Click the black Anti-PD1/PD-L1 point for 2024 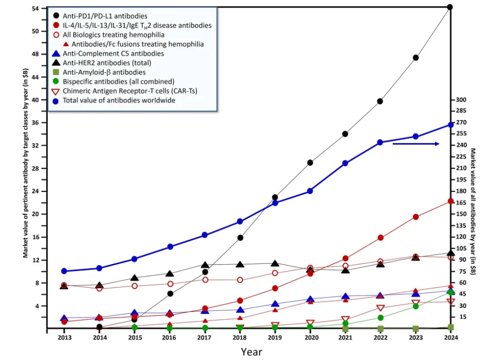[450, 7]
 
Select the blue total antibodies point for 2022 [380, 142]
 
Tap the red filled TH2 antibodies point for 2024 [450, 201]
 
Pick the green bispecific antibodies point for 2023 [415, 306]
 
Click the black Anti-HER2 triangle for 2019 [275, 263]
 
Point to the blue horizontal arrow [416, 144]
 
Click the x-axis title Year [251, 351]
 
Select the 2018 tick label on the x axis [240, 338]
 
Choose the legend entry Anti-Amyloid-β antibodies [104, 72]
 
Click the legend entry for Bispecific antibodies [118, 82]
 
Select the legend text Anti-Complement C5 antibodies [113, 54]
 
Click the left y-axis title [27, 168]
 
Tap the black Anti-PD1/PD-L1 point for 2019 [275, 197]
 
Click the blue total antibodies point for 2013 [64, 271]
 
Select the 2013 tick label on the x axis [64, 338]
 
